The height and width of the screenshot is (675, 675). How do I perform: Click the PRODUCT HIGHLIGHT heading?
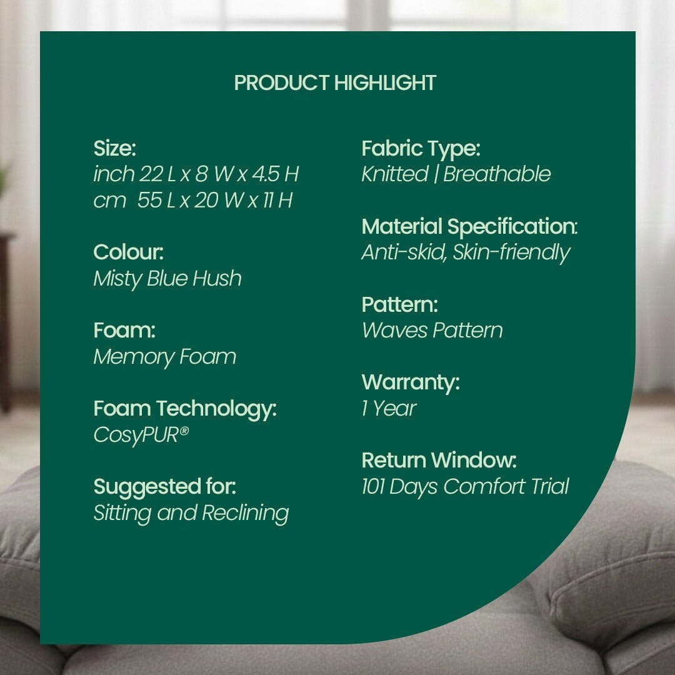click(x=335, y=82)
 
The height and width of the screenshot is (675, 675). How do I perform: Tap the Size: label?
click(x=114, y=149)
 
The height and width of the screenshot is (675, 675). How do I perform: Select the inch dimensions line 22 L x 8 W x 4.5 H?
click(x=196, y=174)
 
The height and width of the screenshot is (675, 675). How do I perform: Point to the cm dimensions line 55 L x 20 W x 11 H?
click(x=192, y=201)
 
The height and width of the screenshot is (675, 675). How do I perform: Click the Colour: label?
click(x=128, y=252)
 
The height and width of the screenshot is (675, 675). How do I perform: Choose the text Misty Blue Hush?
click(x=167, y=279)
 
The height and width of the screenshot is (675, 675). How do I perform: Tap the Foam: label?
click(x=124, y=330)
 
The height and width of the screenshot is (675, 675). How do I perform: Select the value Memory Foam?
click(x=164, y=357)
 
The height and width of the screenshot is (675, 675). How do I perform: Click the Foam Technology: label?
click(x=185, y=409)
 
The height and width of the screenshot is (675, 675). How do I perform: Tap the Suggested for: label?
click(x=164, y=486)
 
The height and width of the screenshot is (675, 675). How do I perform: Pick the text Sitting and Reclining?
click(x=191, y=513)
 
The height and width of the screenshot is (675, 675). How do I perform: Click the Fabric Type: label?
click(x=421, y=149)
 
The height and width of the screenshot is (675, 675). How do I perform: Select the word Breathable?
click(x=497, y=174)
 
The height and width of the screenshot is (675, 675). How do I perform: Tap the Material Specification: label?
click(x=469, y=226)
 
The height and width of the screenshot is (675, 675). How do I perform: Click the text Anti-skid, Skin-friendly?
click(x=466, y=252)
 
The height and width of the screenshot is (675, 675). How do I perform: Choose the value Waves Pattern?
click(x=432, y=331)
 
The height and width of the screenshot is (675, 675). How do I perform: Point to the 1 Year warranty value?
click(x=388, y=409)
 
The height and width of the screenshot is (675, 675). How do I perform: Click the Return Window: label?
click(x=439, y=461)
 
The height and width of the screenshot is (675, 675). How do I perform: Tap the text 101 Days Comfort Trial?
click(x=465, y=487)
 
